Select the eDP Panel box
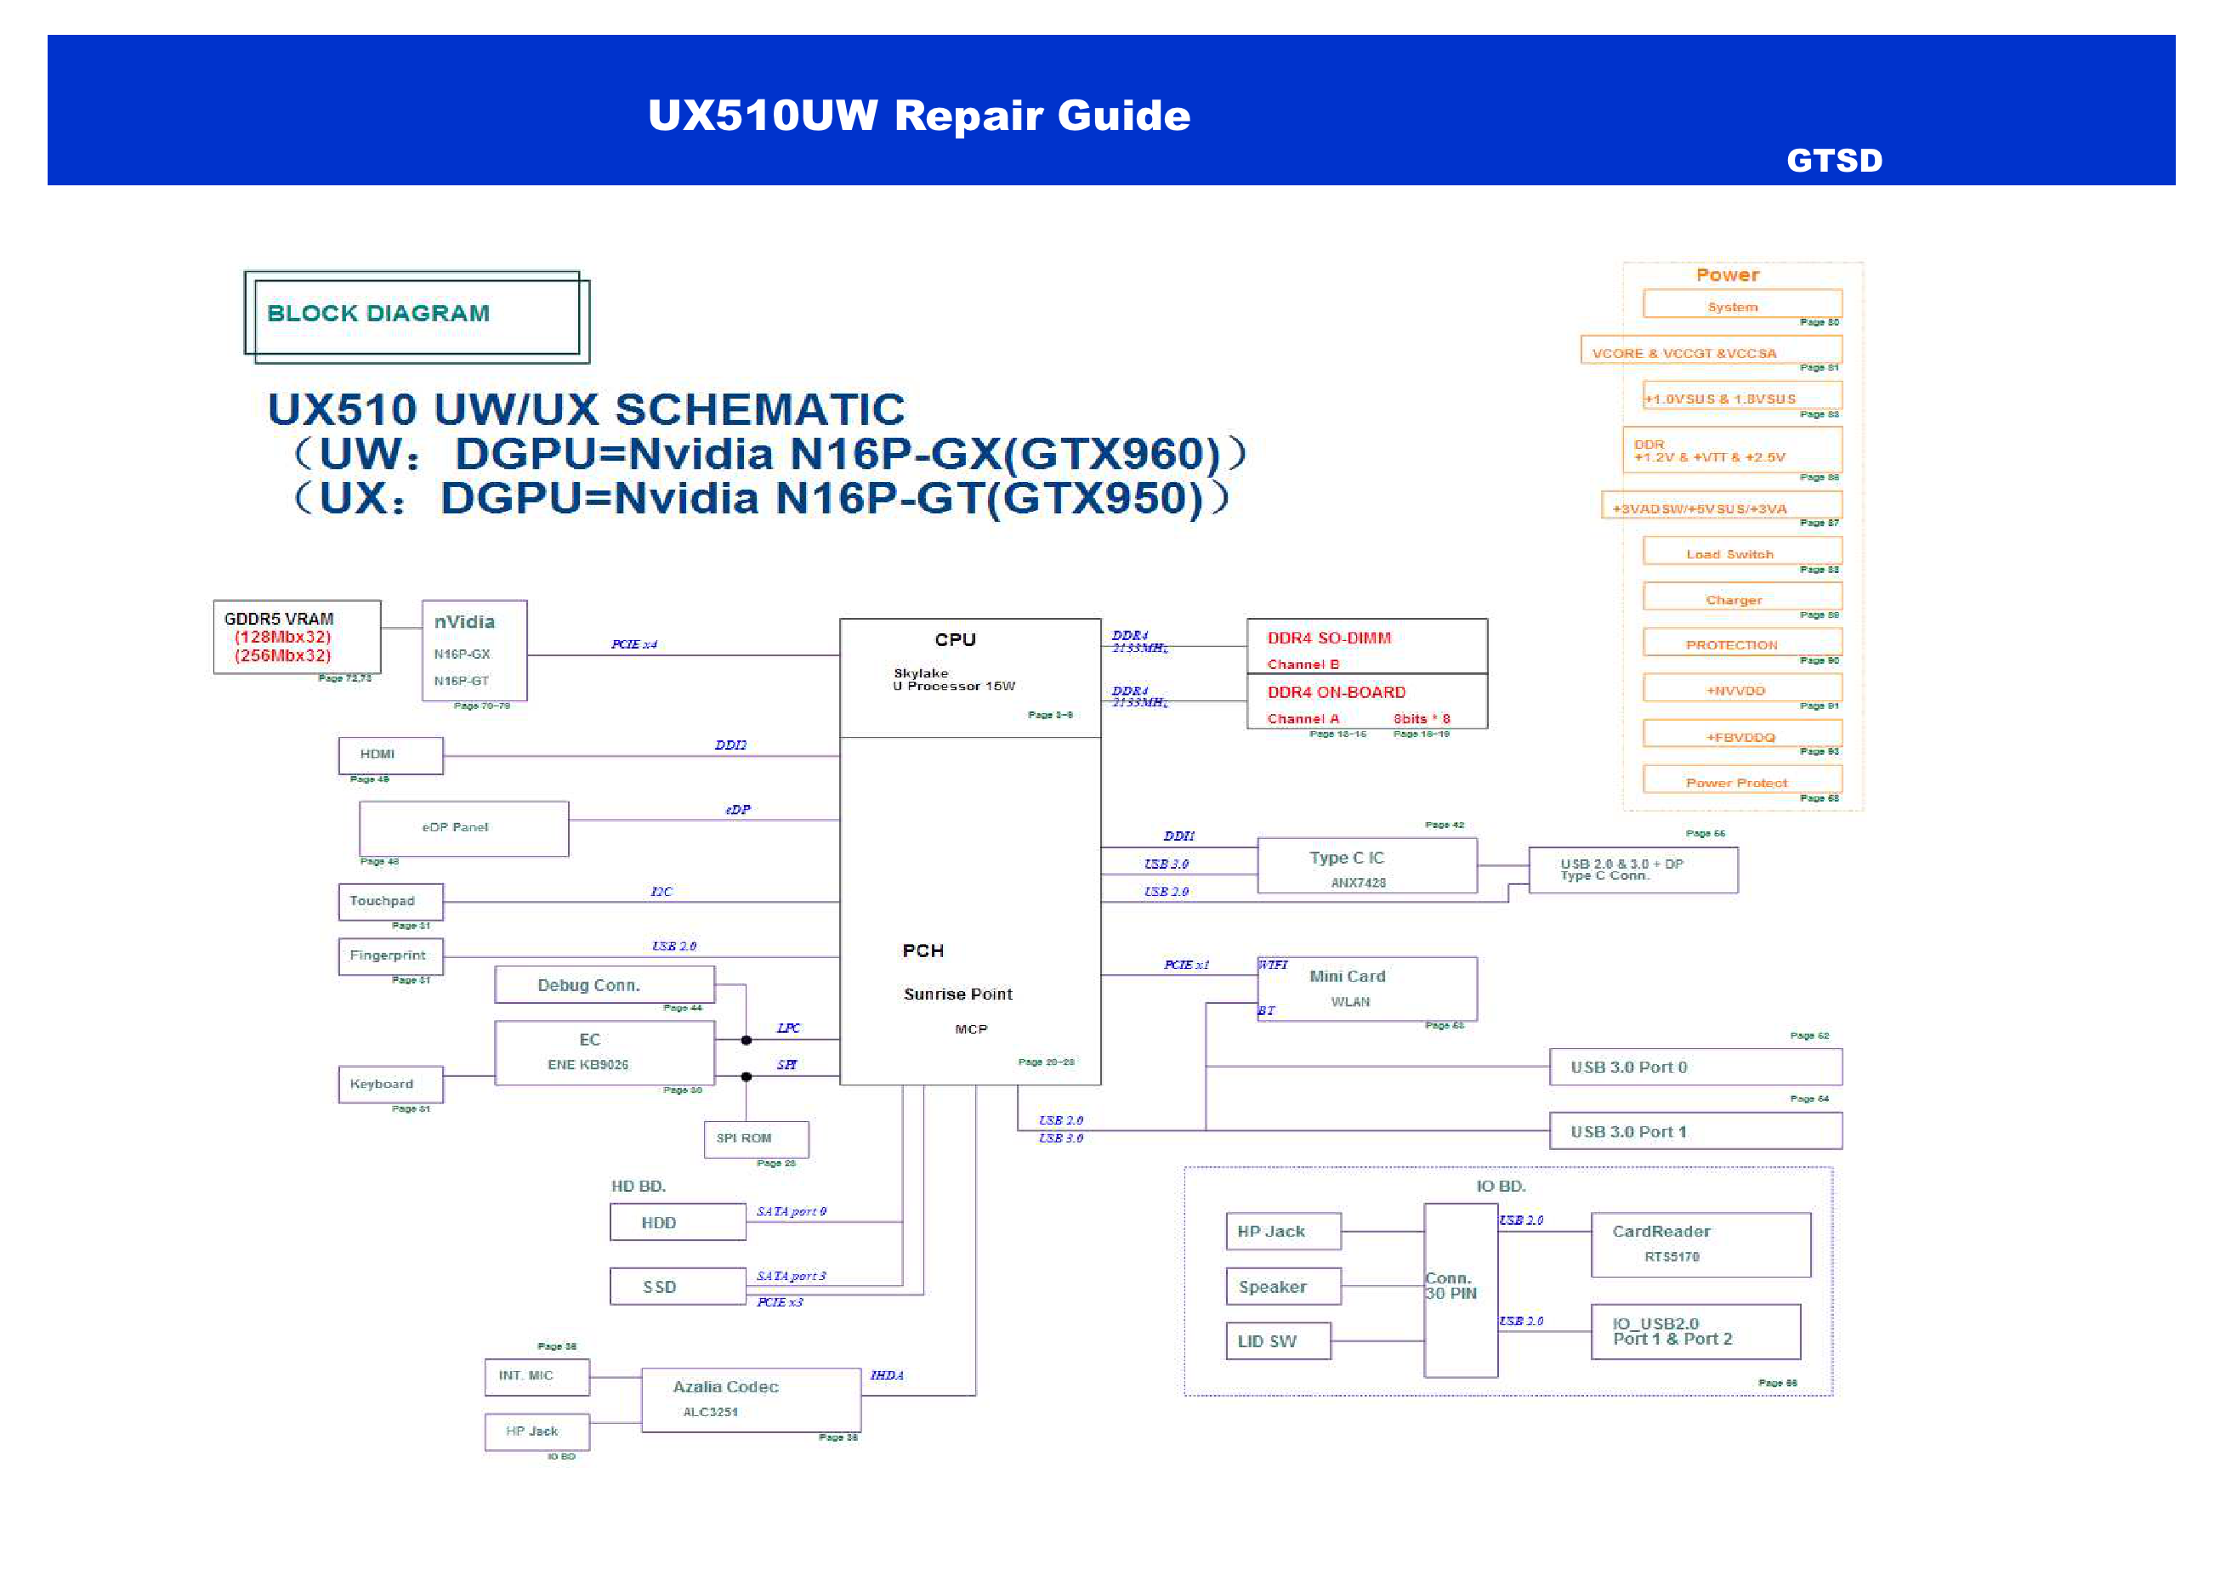pos(463,828)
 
